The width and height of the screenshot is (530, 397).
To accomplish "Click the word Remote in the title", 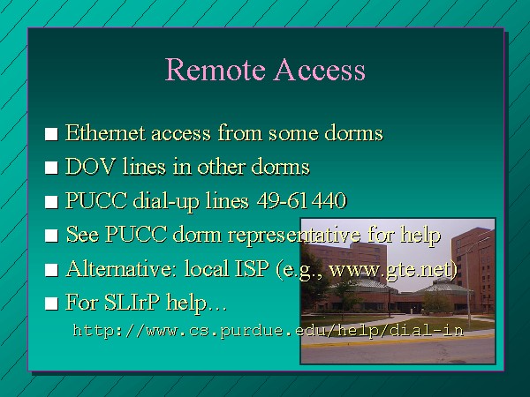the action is point(215,69).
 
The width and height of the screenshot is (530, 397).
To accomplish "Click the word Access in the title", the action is point(320,69).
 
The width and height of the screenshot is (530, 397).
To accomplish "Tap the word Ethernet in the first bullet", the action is point(105,132).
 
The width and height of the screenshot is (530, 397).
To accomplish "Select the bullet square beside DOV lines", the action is point(51,168).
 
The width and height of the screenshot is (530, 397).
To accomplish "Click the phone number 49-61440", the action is point(302,200).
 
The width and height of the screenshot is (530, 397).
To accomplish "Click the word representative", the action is point(294,235).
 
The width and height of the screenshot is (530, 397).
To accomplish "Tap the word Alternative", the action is point(123,269).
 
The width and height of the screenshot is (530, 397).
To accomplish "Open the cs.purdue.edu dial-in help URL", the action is point(269,330).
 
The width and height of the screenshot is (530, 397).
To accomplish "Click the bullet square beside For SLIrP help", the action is point(51,303).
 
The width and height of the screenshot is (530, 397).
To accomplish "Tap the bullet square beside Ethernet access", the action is point(51,134).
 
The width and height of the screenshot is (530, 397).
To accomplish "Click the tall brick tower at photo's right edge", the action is point(473,266).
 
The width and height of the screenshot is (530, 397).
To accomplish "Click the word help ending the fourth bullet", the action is point(420,235).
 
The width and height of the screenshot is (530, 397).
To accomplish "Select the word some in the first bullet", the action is point(293,133).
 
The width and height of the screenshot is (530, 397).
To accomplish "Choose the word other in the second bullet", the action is point(221,167).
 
